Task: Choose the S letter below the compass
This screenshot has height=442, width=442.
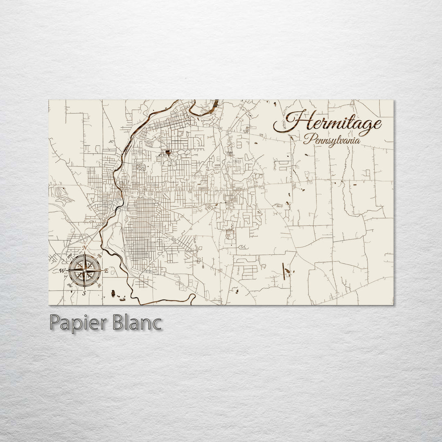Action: click(x=84, y=293)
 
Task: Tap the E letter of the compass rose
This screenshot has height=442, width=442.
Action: click(x=106, y=271)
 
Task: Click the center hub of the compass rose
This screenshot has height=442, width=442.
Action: click(x=84, y=270)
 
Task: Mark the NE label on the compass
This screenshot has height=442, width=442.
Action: click(x=99, y=256)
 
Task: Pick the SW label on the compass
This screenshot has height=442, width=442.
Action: click(x=70, y=285)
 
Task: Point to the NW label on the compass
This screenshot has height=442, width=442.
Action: click(x=70, y=256)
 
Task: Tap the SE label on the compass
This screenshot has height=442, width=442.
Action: click(x=99, y=285)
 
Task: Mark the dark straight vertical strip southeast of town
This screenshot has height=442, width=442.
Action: click(x=284, y=271)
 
